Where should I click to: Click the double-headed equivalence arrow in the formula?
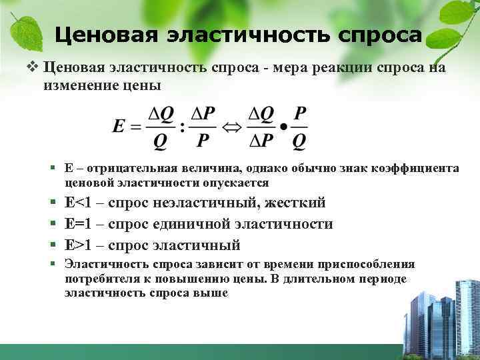click(231, 127)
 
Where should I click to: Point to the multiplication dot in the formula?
click(285, 126)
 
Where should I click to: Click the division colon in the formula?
click(182, 127)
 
